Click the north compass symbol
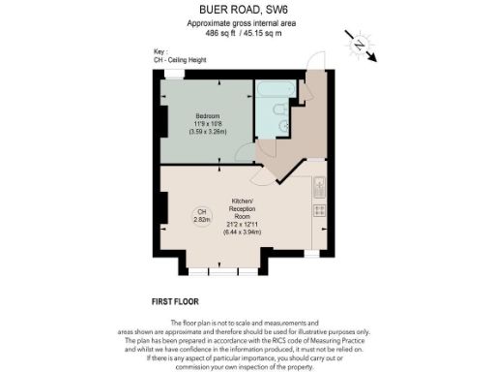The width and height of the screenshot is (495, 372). pyautogui.click(x=359, y=45)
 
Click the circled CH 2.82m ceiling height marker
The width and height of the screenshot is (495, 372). pyautogui.click(x=201, y=216)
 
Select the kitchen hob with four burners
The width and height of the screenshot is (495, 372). pyautogui.click(x=319, y=209)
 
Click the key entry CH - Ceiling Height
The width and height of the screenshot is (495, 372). pyautogui.click(x=180, y=60)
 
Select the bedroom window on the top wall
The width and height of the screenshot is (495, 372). pyautogui.click(x=175, y=76)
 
